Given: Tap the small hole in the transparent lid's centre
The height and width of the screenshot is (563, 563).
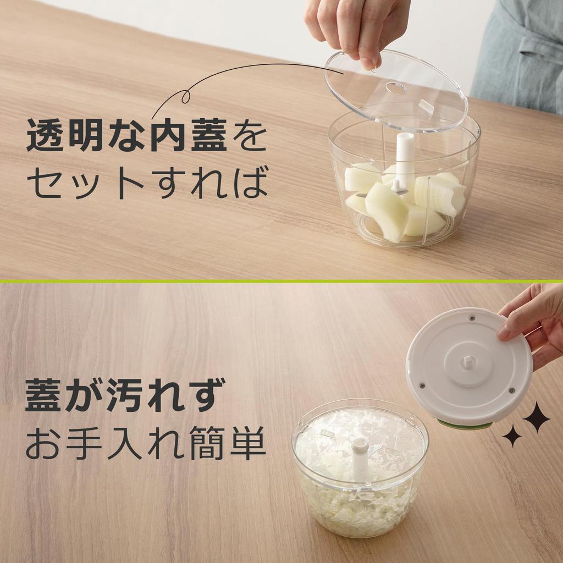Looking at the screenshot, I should click(396, 88).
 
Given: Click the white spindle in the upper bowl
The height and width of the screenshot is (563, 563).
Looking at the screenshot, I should click(405, 154).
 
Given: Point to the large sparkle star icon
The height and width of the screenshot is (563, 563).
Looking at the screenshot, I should click(536, 417).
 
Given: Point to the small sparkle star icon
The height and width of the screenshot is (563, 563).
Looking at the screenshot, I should click(512, 436).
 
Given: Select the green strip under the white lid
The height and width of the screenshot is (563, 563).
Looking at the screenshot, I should click(465, 424).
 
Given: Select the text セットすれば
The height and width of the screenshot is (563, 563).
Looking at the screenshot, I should click(147, 184).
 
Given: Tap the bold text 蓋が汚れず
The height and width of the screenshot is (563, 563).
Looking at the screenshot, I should click(124, 394).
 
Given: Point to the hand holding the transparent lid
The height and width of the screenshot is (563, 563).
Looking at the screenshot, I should click(357, 25).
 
